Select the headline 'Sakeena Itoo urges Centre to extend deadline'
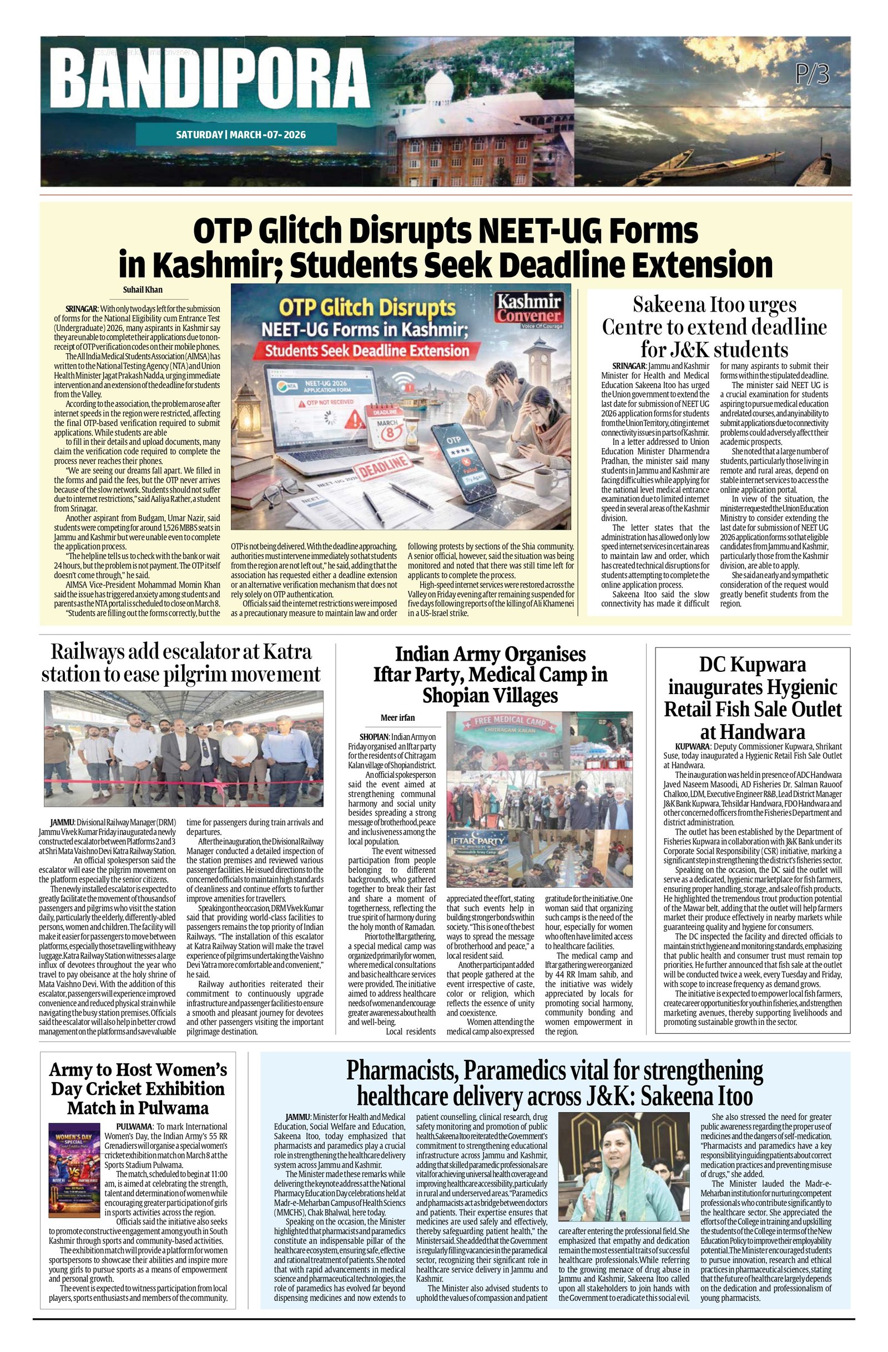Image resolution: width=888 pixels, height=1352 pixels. point(714,326)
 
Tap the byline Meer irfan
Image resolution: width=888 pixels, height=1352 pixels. point(397,717)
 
